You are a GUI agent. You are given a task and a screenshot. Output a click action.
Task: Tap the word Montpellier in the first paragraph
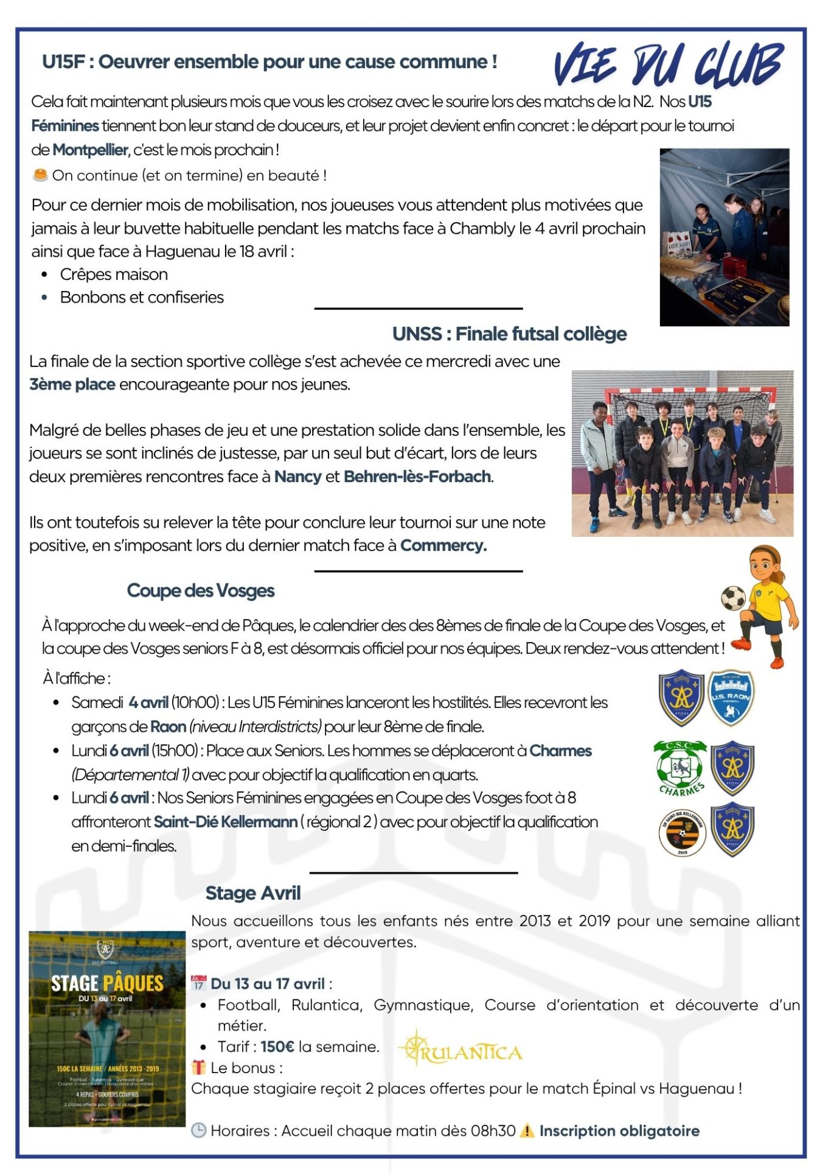tap(90, 150)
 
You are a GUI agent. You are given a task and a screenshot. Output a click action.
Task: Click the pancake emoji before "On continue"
tap(40, 175)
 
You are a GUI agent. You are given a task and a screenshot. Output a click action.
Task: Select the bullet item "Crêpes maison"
tap(114, 275)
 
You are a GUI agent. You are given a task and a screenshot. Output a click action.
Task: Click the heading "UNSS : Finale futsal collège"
tap(509, 334)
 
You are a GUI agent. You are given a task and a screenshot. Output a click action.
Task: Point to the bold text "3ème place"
tap(72, 385)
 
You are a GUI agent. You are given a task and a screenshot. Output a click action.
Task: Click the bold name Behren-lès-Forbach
tap(417, 477)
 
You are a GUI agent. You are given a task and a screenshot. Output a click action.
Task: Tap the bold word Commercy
tap(443, 546)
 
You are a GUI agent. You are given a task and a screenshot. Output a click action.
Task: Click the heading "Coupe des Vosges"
tap(201, 591)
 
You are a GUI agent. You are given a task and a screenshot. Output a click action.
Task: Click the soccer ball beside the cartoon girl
tap(733, 598)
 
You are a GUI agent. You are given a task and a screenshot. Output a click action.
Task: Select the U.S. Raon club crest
tap(731, 698)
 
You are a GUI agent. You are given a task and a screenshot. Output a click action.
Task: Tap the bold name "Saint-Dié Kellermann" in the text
tap(226, 822)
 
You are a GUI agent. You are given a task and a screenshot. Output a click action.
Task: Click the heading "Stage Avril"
tap(253, 893)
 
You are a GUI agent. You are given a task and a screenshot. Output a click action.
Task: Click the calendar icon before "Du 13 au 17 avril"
tap(198, 983)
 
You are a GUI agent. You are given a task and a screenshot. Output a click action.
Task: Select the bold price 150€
tap(277, 1047)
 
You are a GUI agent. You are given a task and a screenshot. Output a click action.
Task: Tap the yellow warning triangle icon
tap(527, 1131)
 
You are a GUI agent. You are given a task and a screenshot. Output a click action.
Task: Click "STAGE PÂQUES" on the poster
tap(107, 984)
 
